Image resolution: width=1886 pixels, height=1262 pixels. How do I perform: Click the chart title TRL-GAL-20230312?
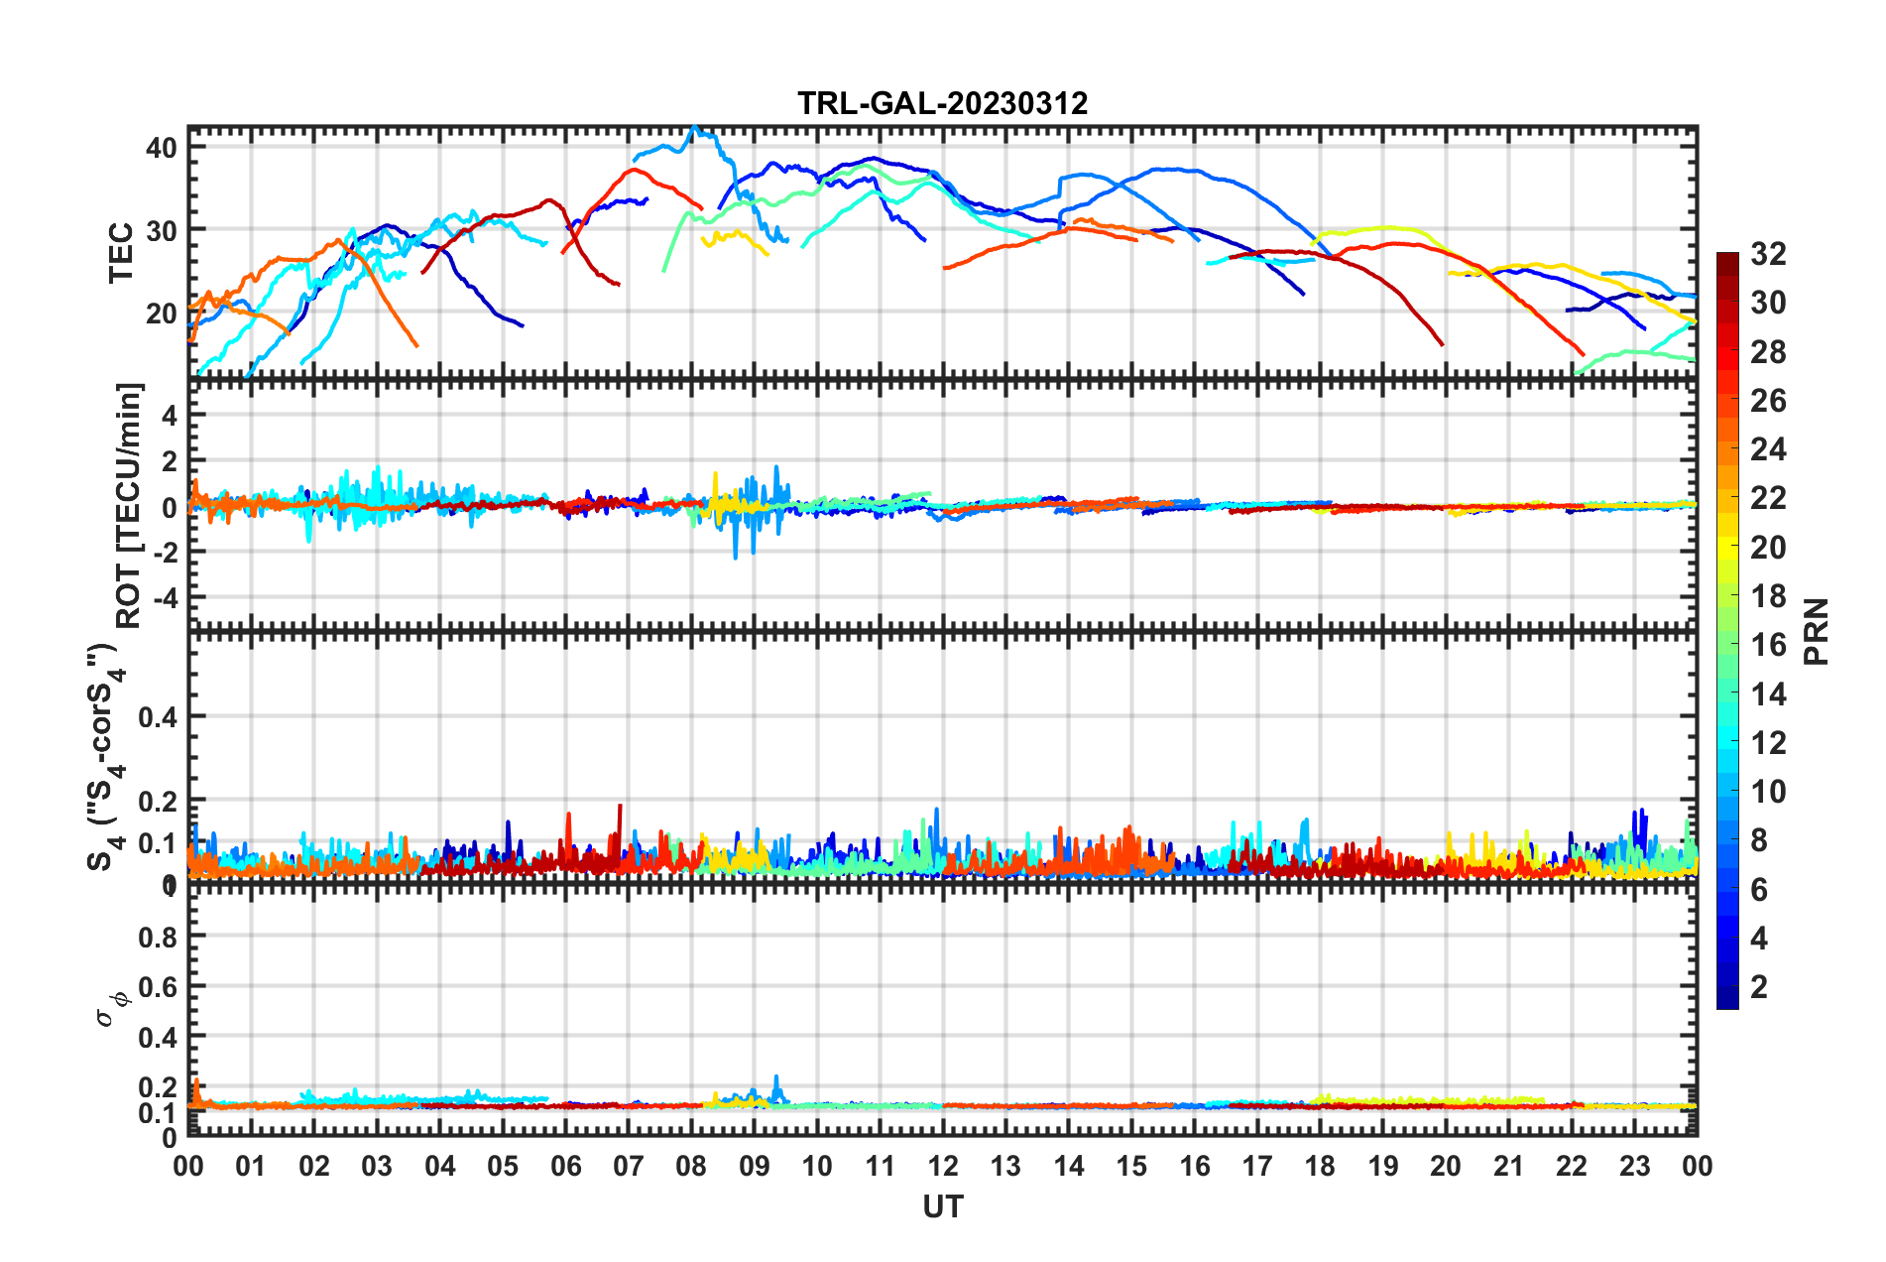pyautogui.click(x=942, y=103)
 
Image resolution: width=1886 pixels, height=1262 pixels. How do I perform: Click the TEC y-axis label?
pyautogui.click(x=121, y=253)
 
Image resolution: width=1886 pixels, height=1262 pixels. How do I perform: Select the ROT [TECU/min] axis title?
pyautogui.click(x=129, y=506)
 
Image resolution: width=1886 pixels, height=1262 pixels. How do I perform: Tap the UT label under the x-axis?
pyautogui.click(x=942, y=1207)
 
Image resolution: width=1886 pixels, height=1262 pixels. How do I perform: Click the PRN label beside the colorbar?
pyautogui.click(x=1817, y=631)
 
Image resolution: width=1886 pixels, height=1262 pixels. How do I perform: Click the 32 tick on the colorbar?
pyautogui.click(x=1768, y=254)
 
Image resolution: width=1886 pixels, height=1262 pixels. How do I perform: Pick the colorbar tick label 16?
pyautogui.click(x=1768, y=645)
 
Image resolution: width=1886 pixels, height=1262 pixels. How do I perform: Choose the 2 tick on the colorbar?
pyautogui.click(x=1759, y=987)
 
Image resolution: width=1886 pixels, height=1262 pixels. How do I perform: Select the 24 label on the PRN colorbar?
pyautogui.click(x=1768, y=449)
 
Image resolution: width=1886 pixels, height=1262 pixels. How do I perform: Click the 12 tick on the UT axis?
pyautogui.click(x=942, y=1167)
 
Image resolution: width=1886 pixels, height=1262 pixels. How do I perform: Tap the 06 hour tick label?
pyautogui.click(x=565, y=1167)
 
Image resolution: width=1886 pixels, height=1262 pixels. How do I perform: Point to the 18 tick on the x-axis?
pyautogui.click(x=1320, y=1167)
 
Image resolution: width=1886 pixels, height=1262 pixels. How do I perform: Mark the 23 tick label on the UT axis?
pyautogui.click(x=1634, y=1167)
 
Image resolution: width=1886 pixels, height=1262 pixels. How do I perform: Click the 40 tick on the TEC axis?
pyautogui.click(x=161, y=148)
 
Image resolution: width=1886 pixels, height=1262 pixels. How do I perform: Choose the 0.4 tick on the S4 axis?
pyautogui.click(x=157, y=716)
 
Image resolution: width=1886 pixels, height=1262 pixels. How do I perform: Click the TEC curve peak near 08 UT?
pyautogui.click(x=694, y=127)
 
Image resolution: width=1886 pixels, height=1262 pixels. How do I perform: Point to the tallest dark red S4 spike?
pyautogui.click(x=621, y=806)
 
